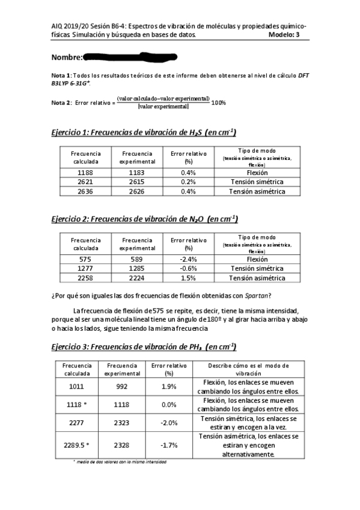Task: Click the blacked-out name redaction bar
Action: coord(130,57)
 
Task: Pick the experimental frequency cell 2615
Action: coord(137,182)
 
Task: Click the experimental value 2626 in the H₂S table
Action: coord(137,192)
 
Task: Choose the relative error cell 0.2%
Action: coord(188,182)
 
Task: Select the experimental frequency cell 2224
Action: coord(137,278)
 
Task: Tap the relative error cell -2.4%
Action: coord(188,259)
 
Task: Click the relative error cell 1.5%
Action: coord(188,278)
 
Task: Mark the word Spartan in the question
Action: coord(255,295)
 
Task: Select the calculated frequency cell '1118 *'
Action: coord(78,405)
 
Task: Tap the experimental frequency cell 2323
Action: coord(122,423)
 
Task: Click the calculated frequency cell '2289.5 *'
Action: coord(77,445)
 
